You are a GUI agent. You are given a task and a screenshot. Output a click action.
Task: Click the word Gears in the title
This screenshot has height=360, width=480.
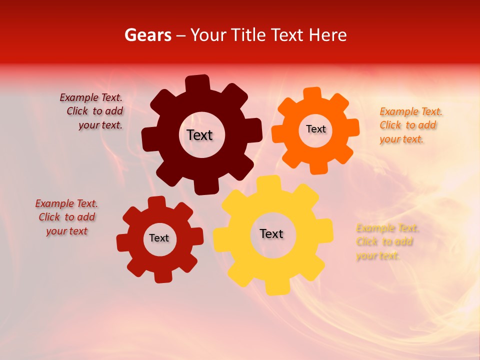tap(147, 35)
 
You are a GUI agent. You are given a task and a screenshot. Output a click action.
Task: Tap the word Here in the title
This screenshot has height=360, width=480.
tap(327, 35)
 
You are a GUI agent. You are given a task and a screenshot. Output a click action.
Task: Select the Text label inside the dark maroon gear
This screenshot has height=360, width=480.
tap(199, 135)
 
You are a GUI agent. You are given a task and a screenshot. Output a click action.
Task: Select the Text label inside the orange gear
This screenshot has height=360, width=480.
tap(315, 129)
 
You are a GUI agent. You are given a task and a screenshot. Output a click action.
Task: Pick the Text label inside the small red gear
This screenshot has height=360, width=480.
tap(159, 238)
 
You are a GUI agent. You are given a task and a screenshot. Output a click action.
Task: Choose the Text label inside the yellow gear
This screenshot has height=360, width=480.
tap(271, 233)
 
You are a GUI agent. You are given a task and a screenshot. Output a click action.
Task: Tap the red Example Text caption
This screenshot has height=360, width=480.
tap(66, 217)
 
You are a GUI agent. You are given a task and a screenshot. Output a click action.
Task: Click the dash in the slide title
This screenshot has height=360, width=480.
tap(182, 35)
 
